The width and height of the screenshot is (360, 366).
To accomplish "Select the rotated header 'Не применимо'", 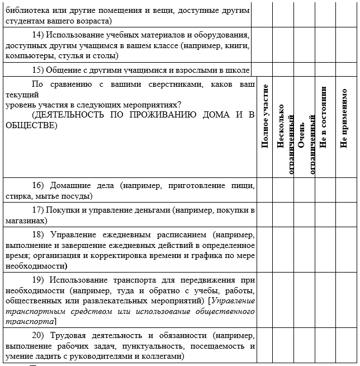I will click(x=344, y=118).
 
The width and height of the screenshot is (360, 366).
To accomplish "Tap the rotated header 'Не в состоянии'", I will click(x=323, y=118).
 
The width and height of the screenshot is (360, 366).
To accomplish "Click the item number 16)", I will click(x=38, y=185).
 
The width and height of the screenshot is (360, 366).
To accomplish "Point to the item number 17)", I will click(x=38, y=210).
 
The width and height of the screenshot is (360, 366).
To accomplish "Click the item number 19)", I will click(x=38, y=280).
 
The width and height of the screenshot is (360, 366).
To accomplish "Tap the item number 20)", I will click(x=38, y=336).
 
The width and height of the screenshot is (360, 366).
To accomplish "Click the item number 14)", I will click(x=38, y=35).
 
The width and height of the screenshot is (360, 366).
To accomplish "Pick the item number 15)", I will click(x=38, y=70).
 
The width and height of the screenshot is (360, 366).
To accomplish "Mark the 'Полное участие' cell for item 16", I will click(x=264, y=191).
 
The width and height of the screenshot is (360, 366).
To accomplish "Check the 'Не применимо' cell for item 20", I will click(x=344, y=346).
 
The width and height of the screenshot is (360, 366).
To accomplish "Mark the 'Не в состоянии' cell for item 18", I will click(x=323, y=250).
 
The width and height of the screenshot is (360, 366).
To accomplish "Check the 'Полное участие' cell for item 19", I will click(x=264, y=301).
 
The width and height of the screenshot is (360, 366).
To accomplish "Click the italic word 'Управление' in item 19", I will click(x=233, y=301).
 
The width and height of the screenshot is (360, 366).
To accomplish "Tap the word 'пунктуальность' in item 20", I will click(x=160, y=346).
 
